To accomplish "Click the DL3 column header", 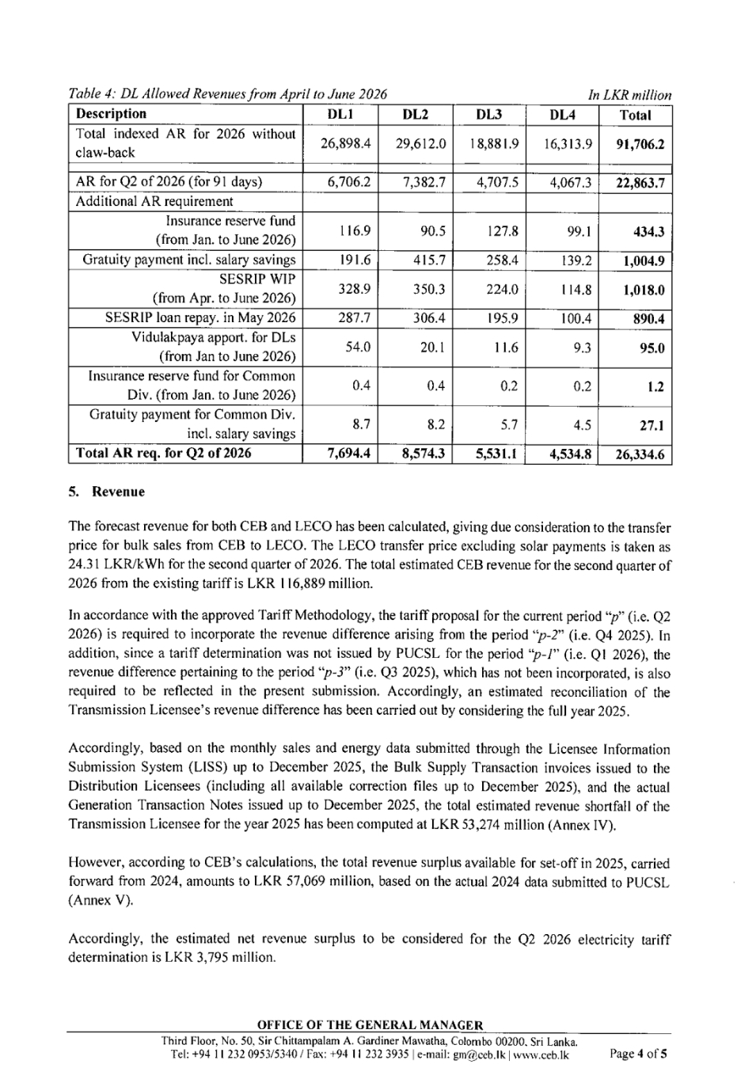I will (x=489, y=115).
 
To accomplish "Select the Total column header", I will (x=635, y=115).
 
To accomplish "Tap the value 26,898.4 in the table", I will (x=341, y=144).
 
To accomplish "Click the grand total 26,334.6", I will (x=639, y=455).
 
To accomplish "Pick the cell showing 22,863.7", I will (x=639, y=183).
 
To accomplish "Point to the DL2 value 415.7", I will (x=428, y=260).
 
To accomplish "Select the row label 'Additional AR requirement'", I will (x=154, y=202).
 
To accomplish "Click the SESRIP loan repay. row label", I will (x=200, y=318).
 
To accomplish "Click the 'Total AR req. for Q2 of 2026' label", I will (x=163, y=454).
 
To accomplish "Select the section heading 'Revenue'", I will (x=119, y=492).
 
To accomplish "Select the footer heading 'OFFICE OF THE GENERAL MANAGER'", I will (x=370, y=1026).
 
